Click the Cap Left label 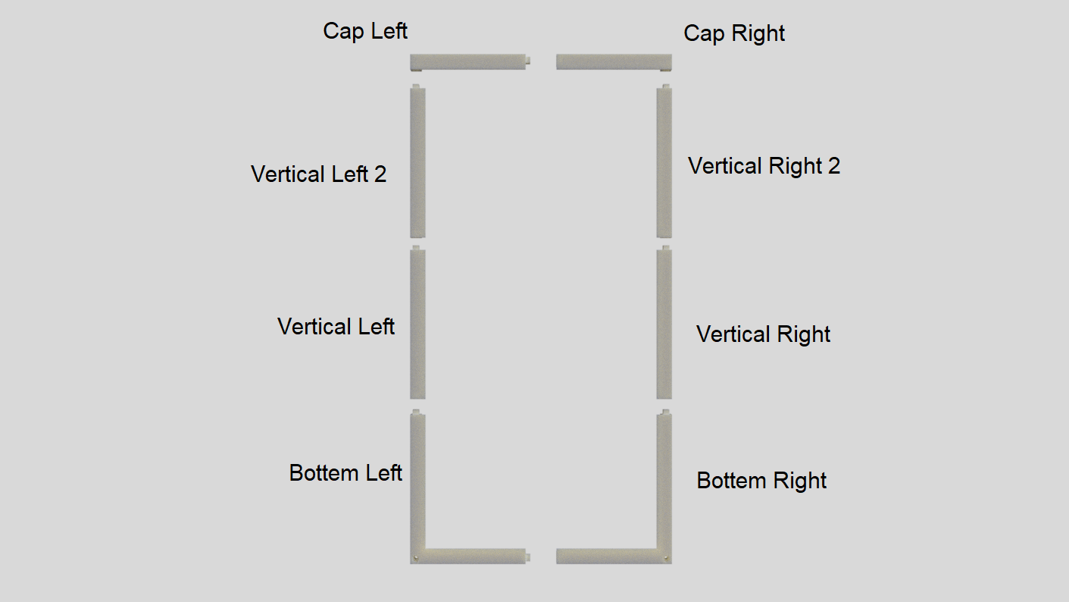365,31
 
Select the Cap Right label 734,33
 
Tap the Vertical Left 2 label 318,174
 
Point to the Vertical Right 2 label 764,166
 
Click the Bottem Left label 345,473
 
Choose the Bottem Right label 761,481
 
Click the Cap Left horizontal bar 467,61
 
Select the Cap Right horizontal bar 614,61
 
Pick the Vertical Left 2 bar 417,163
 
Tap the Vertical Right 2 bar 664,163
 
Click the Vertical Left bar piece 417,325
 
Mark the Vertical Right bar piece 664,325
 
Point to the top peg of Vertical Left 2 416,86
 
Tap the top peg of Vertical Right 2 665,86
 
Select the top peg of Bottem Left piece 416,412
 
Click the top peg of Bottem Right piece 665,412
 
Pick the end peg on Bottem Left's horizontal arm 528,557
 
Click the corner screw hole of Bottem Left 416,559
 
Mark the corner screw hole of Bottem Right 666,559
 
